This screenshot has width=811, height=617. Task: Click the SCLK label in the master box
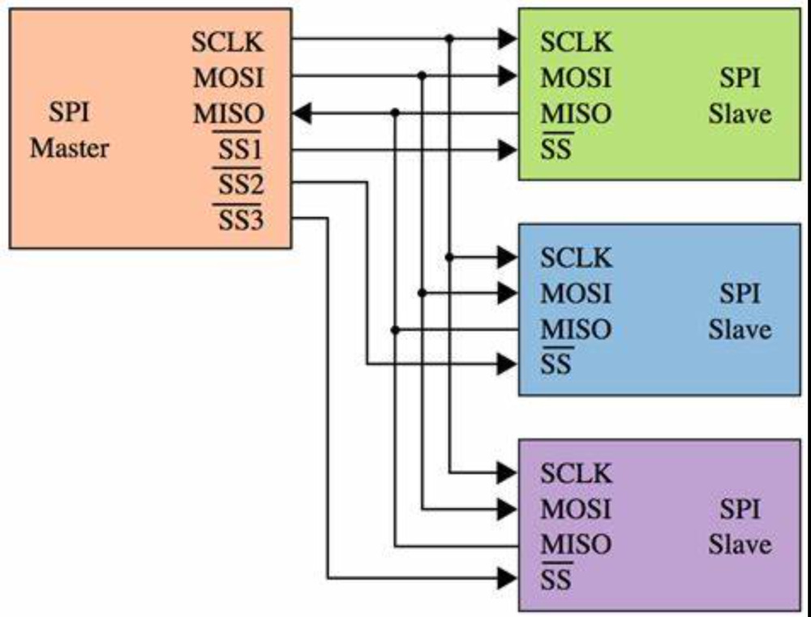[228, 42]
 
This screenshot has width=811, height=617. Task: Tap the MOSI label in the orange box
[229, 78]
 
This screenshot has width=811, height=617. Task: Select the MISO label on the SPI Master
[229, 114]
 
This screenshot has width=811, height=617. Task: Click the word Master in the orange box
[70, 149]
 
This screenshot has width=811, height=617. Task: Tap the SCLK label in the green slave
[576, 42]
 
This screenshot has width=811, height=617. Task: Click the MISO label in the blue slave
[576, 329]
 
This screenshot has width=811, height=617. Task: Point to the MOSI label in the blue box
[576, 294]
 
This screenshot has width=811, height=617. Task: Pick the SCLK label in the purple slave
[576, 473]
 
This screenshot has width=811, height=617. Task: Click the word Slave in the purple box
[740, 545]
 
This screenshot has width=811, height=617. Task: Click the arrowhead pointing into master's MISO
[302, 114]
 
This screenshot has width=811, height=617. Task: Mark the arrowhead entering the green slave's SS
[508, 150]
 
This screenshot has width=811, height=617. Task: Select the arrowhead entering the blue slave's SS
[508, 365]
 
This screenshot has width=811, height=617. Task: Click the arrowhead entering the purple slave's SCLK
[508, 473]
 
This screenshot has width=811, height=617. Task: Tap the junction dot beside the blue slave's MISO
[395, 329]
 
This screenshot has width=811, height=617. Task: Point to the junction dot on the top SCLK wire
[449, 38]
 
